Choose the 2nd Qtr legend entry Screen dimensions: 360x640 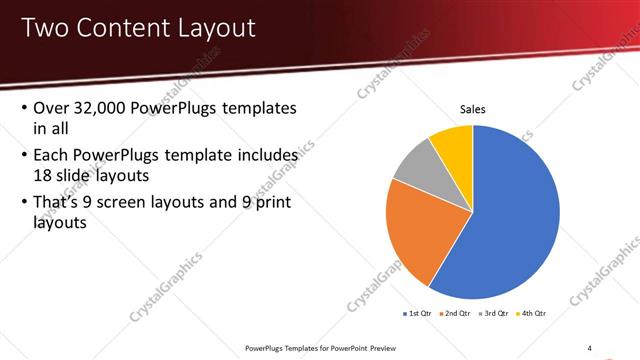(458, 313)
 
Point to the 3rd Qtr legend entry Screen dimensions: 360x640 (496, 313)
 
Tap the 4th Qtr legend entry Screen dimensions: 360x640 (534, 313)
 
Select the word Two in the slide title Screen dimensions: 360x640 (45, 27)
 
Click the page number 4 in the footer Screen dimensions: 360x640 (590, 347)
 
